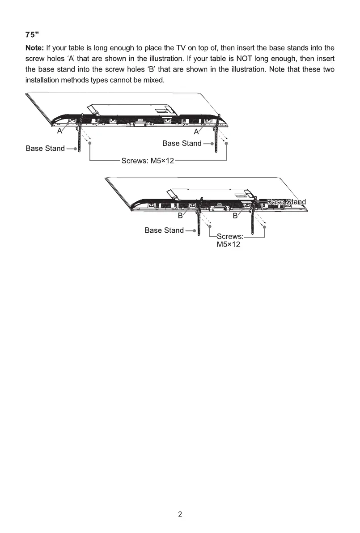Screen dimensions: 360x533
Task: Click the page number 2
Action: [180, 514]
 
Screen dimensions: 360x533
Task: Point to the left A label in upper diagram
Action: [59, 132]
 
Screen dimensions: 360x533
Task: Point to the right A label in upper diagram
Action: [196, 132]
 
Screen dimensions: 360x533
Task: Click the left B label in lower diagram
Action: [181, 216]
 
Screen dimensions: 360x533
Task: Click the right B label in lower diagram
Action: [235, 216]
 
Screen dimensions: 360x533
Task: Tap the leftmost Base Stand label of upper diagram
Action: [45, 148]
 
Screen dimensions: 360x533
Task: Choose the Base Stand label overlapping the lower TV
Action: [286, 202]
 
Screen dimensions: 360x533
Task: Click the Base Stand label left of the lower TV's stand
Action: [164, 230]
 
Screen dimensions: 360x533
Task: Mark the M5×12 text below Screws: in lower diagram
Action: [229, 244]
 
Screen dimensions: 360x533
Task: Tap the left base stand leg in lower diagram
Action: [199, 219]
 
